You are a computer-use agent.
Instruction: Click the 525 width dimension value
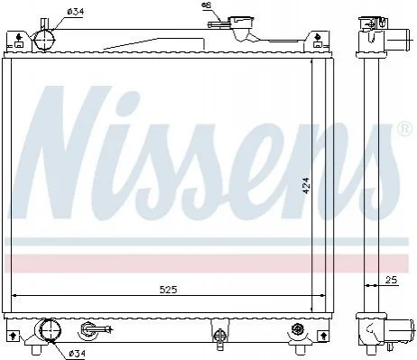pos(168,290)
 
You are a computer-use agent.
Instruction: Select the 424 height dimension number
pos(306,186)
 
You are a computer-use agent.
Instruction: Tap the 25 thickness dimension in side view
pos(391,280)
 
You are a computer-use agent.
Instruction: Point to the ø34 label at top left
pos(76,12)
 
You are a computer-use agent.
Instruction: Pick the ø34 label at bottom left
pos(78,353)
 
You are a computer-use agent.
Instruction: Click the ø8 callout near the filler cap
pos(208,5)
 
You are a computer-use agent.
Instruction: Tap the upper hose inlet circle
pos(45,40)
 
